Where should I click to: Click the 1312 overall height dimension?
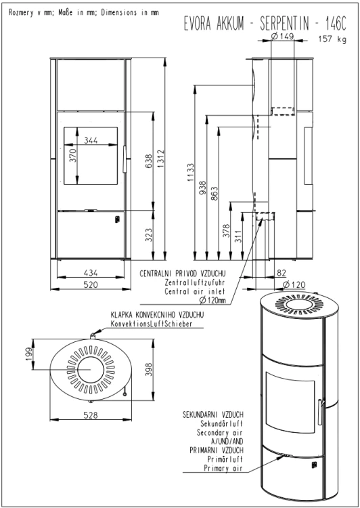click(x=161, y=158)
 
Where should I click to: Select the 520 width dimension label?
click(x=91, y=284)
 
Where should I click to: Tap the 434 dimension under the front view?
click(x=91, y=273)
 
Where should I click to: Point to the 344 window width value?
click(x=91, y=140)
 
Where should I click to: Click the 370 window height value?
click(x=72, y=155)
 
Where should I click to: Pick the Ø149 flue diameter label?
click(x=282, y=37)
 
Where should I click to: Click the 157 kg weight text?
click(x=332, y=39)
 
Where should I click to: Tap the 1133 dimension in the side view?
click(x=191, y=172)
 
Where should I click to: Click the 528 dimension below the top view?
click(x=91, y=415)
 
